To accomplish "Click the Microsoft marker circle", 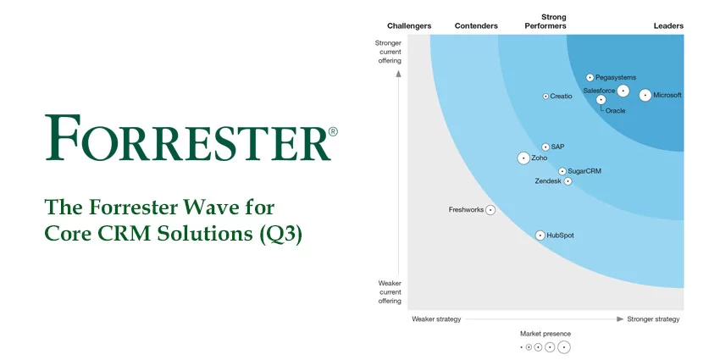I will pos(645,96).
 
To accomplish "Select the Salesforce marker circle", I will pos(623,91).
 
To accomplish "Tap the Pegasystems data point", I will pos(590,77).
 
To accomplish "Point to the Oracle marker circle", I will pos(601,100).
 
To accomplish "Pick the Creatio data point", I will pos(546,97).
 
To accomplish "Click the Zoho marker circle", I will pos(523,158).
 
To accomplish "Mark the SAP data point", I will pos(546,147).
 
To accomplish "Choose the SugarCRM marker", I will pos(562,171).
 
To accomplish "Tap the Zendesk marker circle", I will pos(568,181).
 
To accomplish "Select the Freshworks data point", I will pos(490,210).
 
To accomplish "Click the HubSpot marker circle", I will pos(540,235).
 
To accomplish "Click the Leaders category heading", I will pos(668,26).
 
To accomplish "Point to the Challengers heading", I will pos(409,26).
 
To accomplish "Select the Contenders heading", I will pos(476,26).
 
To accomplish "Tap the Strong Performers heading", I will pos(553,22).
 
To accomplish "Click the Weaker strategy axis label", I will pos(436,319).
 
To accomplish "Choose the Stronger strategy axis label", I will pos(653,319).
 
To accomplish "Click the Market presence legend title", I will pos(546,334).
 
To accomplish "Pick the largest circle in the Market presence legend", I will pos(564,347).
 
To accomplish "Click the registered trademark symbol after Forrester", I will pos(333,132).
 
